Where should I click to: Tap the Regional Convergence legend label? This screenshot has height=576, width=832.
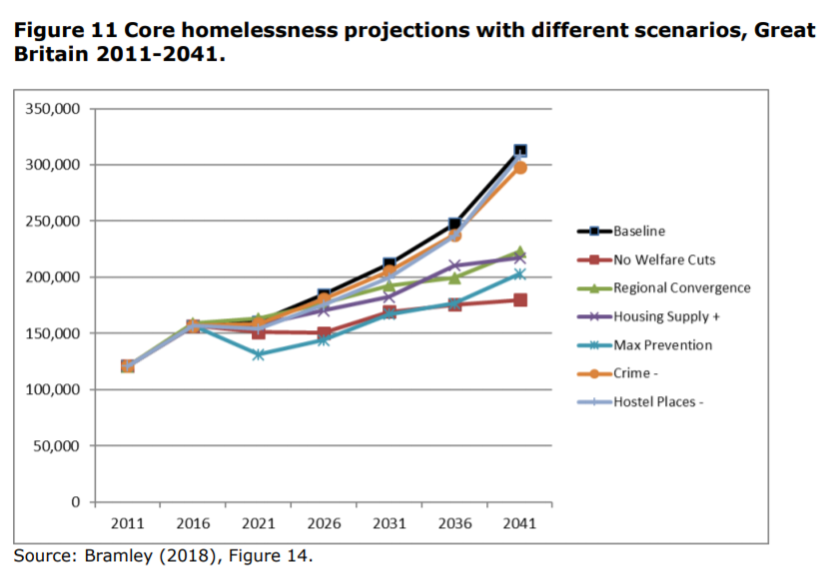(682, 288)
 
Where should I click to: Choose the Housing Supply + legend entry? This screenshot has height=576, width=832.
(667, 316)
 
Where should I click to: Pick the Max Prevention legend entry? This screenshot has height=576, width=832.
(662, 345)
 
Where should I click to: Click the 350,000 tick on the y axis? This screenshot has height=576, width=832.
(52, 109)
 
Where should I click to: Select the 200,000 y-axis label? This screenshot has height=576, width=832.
(52, 278)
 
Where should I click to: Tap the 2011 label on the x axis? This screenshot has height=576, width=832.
(128, 523)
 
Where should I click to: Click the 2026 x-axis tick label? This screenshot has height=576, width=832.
(324, 523)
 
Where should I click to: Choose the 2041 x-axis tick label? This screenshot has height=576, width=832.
(519, 523)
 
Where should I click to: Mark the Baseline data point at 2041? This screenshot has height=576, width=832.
(519, 152)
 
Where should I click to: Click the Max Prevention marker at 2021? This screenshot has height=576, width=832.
(259, 354)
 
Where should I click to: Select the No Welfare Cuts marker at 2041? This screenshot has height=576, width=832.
(519, 300)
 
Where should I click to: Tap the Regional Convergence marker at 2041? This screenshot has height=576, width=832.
(519, 253)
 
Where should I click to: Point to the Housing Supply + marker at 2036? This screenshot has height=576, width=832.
(454, 266)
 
